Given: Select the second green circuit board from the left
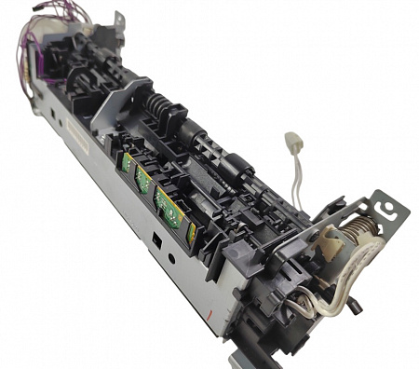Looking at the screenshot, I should (142, 179).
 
